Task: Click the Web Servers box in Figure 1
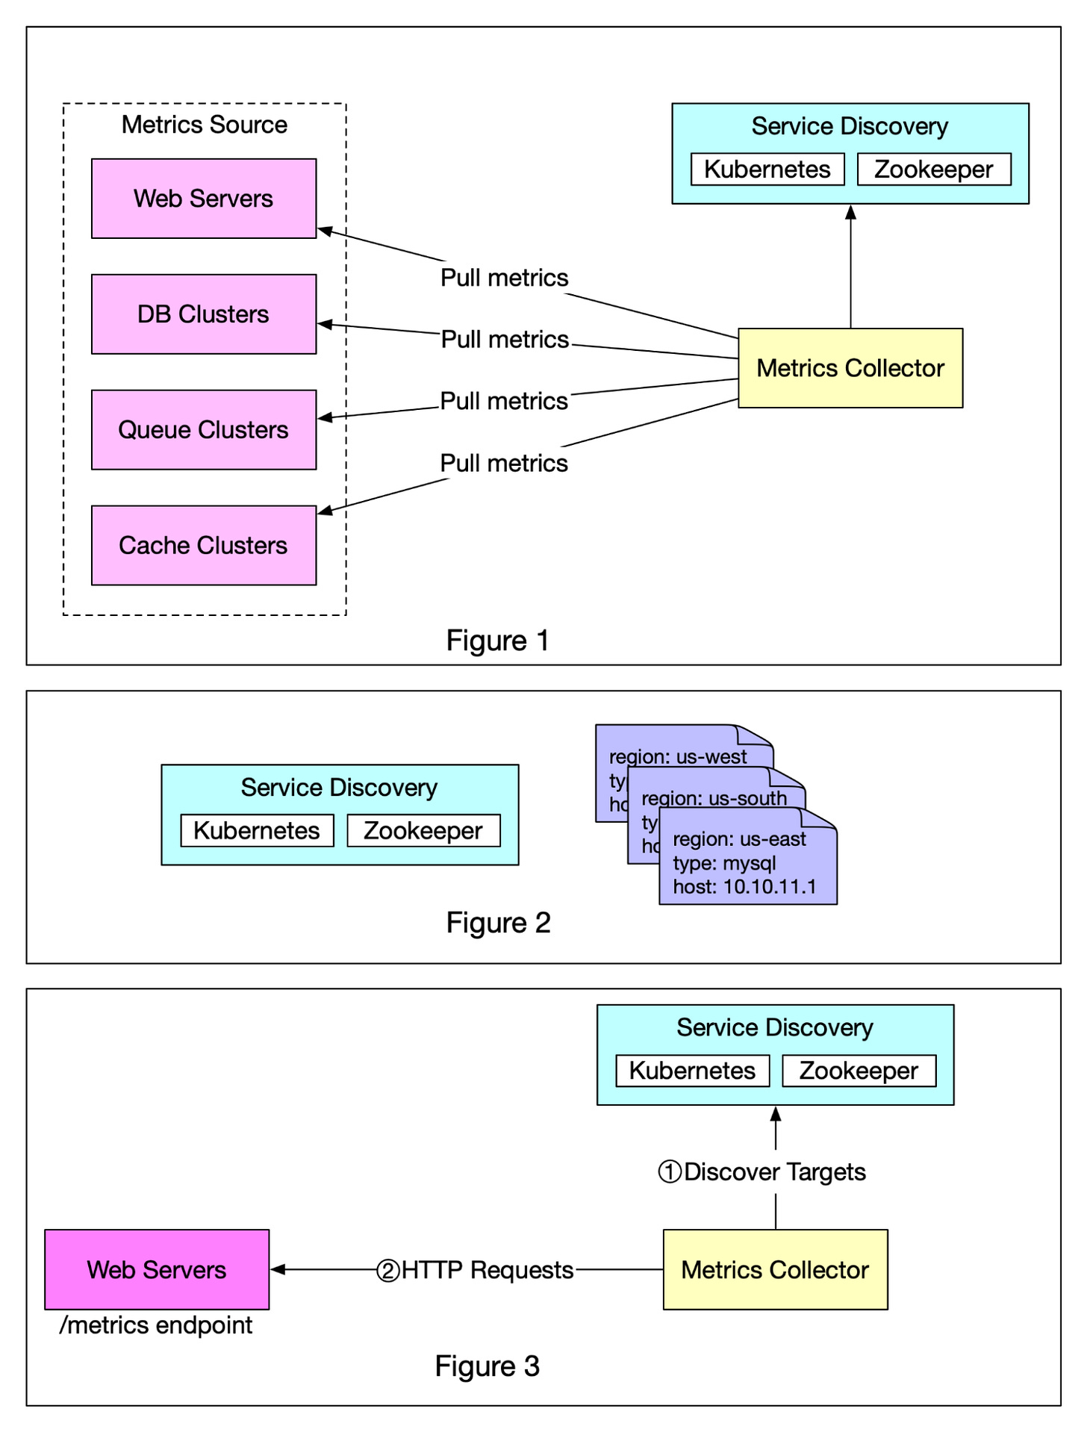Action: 203,199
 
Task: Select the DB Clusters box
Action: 203,314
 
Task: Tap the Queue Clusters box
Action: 203,430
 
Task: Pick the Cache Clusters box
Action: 203,546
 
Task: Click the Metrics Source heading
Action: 204,125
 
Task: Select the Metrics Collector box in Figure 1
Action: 850,368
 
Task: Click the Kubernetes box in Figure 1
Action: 767,169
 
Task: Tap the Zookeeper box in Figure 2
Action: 423,831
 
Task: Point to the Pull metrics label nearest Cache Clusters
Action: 504,463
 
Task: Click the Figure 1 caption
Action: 497,641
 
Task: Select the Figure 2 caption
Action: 498,923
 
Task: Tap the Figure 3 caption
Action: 487,1366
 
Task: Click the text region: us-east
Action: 738,839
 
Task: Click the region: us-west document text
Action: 677,756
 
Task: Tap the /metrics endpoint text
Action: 156,1325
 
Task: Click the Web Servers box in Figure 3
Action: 157,1270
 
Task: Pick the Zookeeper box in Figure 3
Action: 858,1071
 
